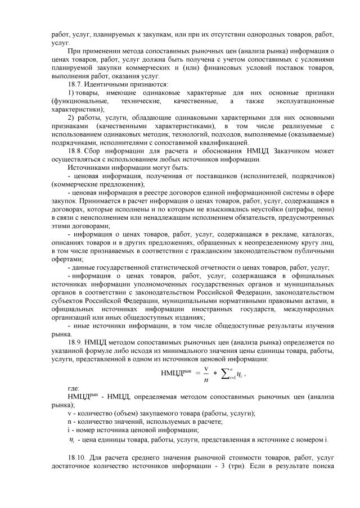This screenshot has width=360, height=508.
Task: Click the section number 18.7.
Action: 75,84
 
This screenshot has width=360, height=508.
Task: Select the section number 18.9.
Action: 76,341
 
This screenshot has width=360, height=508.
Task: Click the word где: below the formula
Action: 73,388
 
